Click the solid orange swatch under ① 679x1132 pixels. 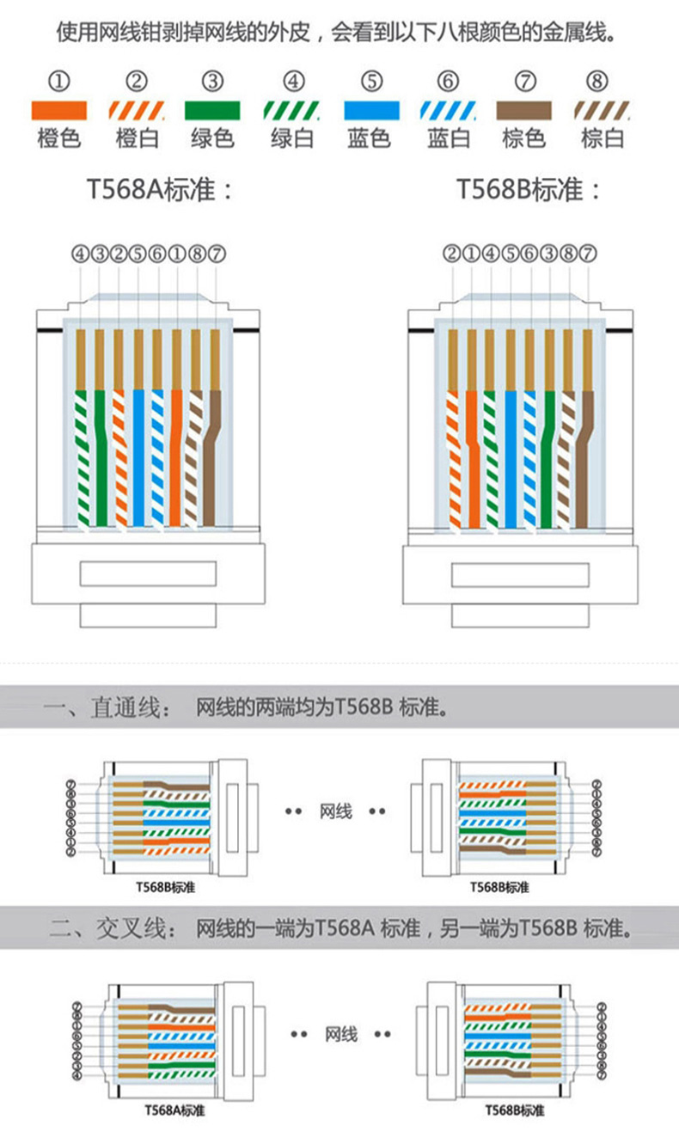[58, 110]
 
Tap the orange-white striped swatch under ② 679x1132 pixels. [136, 110]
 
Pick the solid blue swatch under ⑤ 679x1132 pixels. [371, 110]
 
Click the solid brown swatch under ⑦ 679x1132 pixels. [524, 110]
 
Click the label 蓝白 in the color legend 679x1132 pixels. [449, 138]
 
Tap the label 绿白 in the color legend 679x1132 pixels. [292, 138]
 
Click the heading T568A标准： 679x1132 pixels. [160, 189]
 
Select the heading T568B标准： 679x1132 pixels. [529, 189]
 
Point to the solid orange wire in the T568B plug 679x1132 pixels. [472, 464]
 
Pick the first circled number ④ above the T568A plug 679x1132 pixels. [80, 254]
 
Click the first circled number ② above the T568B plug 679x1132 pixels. [452, 254]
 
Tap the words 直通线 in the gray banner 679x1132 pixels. [125, 709]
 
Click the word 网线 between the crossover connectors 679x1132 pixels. [340, 1034]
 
